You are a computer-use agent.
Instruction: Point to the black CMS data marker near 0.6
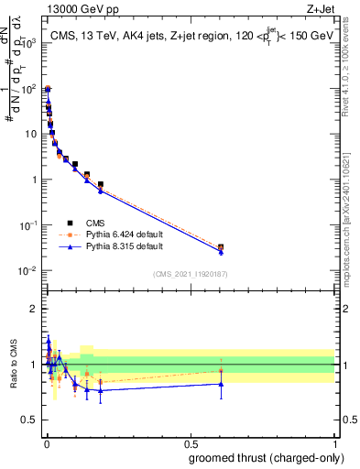(x=221, y=247)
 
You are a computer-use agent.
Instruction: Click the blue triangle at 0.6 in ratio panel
(x=221, y=384)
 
